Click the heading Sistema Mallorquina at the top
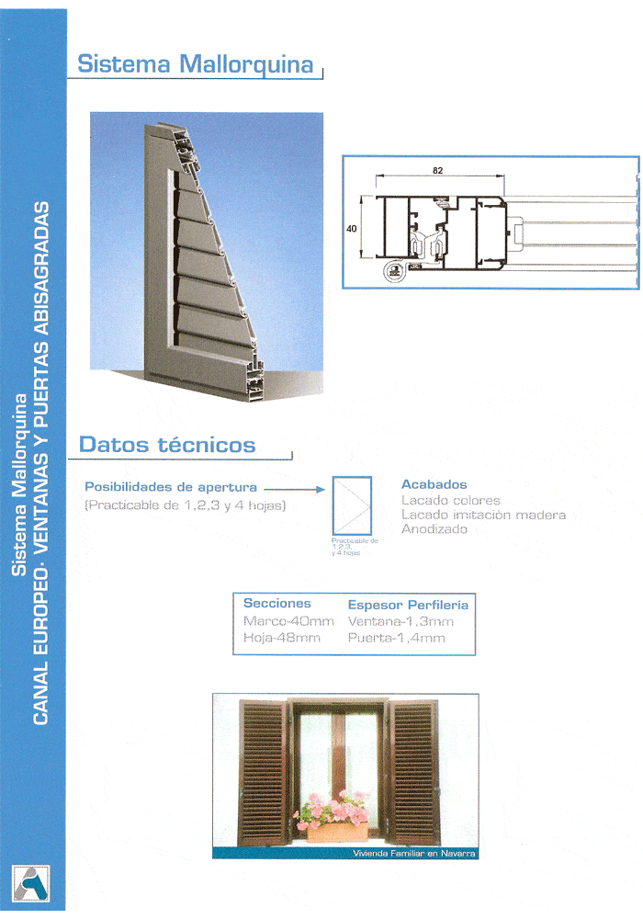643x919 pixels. tap(196, 64)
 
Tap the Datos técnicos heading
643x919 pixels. tap(167, 445)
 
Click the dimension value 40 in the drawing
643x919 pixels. tap(352, 229)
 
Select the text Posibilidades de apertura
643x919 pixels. tap(171, 487)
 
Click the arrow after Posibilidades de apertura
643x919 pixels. tap(295, 489)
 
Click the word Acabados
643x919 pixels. tap(434, 484)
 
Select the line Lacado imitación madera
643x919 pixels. tap(483, 515)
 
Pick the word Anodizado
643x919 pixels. tap(434, 529)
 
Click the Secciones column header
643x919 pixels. tap(276, 604)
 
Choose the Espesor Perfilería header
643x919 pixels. tap(408, 605)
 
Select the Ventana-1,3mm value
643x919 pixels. tap(400, 621)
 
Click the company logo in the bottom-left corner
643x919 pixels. tap(31, 882)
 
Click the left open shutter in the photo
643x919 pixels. tap(264, 772)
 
